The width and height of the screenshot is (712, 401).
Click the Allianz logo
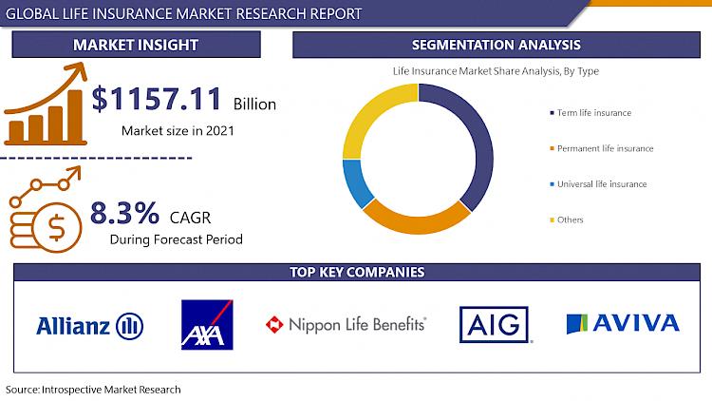(90, 326)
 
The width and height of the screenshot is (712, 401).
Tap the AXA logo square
(207, 325)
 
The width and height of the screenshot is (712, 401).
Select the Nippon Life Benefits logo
(346, 325)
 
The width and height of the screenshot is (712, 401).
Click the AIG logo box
(494, 325)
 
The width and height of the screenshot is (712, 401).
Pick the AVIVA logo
(623, 323)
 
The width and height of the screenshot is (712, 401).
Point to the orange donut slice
(416, 223)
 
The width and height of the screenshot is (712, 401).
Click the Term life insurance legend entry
(590, 113)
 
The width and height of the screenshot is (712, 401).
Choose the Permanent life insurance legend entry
(602, 148)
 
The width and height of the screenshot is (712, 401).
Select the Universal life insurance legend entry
(598, 184)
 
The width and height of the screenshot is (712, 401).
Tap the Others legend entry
(567, 220)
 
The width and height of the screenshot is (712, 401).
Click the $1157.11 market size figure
(157, 99)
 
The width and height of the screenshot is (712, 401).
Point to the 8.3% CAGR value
(125, 213)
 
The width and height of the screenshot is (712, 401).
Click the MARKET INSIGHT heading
(136, 45)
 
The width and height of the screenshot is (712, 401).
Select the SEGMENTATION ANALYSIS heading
(497, 45)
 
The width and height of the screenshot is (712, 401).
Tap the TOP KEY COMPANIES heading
(357, 273)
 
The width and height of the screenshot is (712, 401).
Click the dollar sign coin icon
(56, 228)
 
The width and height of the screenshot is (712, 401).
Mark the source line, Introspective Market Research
(93, 390)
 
